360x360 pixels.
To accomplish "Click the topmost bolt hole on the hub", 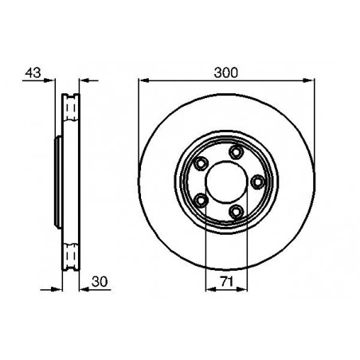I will point(235,153).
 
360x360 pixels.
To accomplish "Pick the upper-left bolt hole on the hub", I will point(201,164).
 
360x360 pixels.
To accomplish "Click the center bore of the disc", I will point(226,182).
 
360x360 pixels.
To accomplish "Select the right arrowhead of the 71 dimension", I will point(244,288).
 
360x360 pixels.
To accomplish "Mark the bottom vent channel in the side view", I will point(70,256).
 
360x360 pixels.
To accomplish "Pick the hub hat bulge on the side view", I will point(57,182).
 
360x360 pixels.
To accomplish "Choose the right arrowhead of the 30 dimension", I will point(84,288).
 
